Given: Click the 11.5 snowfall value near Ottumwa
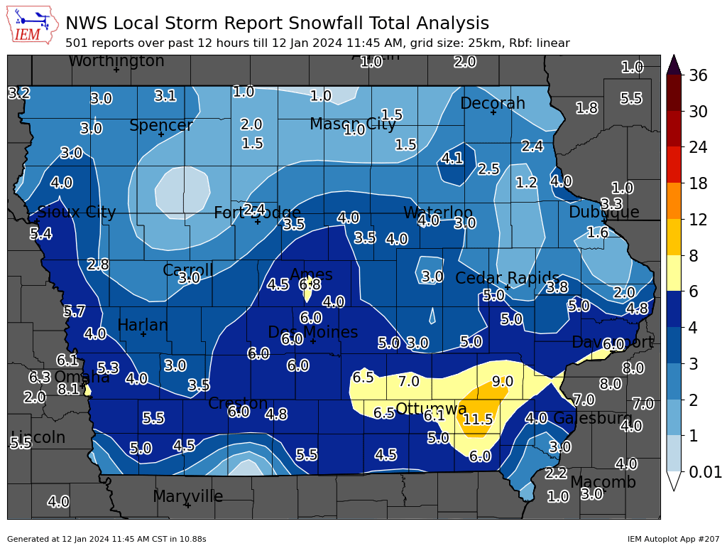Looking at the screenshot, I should click(478, 419).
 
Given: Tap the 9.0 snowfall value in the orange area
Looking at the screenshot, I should click(503, 382).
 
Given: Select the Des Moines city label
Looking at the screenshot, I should click(312, 332).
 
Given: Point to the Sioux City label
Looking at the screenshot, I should click(76, 212).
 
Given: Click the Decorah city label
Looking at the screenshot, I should click(493, 104).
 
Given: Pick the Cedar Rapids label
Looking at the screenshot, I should click(507, 278).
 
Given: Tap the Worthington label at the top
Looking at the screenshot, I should click(116, 61).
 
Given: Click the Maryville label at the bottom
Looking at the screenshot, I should click(187, 496).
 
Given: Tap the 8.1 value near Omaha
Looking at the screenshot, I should click(69, 389).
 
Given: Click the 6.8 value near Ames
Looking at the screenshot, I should click(310, 284).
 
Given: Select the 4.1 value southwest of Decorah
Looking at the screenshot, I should click(452, 159).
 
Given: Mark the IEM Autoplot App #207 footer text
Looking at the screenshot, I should click(673, 539).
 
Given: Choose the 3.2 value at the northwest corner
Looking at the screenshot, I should click(19, 93).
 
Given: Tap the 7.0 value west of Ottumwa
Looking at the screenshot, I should click(408, 382).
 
